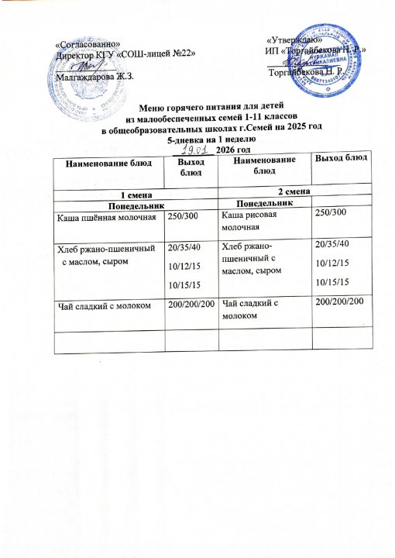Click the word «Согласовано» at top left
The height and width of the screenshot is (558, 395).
[86, 43]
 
